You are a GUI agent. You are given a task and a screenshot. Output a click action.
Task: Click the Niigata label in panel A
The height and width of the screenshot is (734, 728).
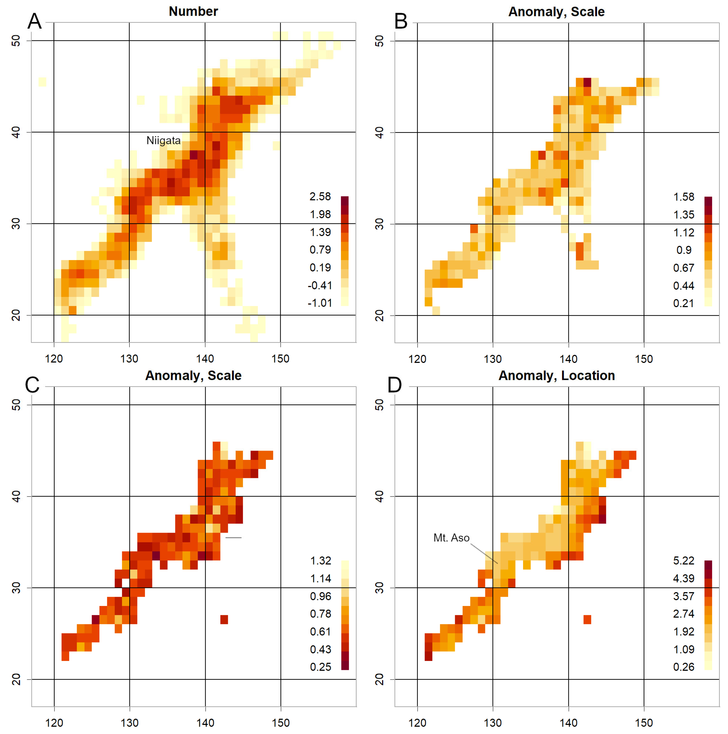coord(163,141)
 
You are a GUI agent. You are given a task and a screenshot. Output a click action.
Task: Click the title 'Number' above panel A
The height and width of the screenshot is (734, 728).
coord(193,11)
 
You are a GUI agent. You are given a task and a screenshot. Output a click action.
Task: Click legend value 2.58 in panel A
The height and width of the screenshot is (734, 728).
coord(320,197)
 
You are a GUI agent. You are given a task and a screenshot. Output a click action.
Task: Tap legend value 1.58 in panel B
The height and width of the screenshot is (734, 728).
coord(683,197)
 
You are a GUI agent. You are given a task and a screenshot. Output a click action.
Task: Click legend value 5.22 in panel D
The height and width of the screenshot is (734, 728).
coord(683,560)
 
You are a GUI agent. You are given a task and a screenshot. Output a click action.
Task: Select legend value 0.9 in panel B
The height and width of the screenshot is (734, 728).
coord(683,250)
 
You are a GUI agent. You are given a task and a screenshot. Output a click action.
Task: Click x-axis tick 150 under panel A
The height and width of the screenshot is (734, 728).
coord(280,359)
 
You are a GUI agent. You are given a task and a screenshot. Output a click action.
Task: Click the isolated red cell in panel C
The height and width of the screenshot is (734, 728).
coord(224,620)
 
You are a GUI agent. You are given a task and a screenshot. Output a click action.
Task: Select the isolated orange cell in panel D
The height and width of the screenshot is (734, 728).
coord(587,620)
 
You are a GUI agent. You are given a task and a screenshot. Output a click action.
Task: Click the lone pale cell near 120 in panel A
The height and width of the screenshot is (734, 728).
coord(42,82)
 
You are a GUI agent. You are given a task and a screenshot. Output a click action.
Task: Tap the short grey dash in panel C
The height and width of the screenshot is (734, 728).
coord(233,537)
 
